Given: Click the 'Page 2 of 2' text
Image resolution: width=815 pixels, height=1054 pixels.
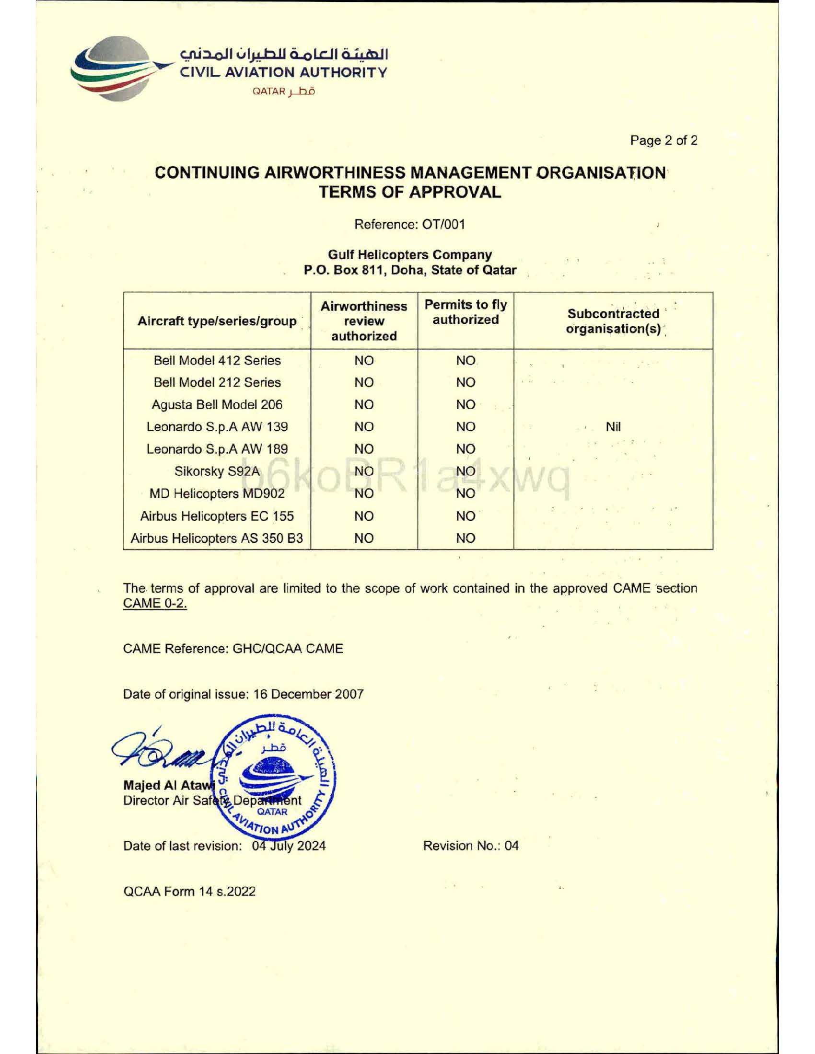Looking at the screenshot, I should click(664, 141).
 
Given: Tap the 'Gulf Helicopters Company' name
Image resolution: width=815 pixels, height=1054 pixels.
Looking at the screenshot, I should click(409, 254).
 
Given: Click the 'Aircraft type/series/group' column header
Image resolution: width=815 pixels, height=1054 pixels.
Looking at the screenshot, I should click(217, 321).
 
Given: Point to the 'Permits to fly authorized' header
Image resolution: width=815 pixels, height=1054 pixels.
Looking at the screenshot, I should click(466, 312).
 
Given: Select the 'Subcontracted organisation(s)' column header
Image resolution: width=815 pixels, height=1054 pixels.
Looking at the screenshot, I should click(613, 321).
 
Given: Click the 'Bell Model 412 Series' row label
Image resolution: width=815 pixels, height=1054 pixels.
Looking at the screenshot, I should click(217, 360).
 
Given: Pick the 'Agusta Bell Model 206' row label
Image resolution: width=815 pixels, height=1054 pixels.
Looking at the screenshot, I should click(217, 405).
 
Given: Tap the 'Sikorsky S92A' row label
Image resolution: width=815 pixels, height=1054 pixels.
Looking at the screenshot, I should click(217, 471).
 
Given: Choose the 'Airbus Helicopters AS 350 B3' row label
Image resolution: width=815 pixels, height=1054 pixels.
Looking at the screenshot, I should click(217, 538).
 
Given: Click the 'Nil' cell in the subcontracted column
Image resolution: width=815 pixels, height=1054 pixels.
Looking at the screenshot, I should click(613, 426).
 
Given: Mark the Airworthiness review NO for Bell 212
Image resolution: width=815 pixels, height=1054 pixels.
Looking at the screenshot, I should click(363, 383).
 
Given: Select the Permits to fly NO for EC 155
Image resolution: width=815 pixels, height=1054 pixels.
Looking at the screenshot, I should click(466, 516).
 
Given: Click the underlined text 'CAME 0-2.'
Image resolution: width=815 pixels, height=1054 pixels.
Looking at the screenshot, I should click(155, 604).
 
